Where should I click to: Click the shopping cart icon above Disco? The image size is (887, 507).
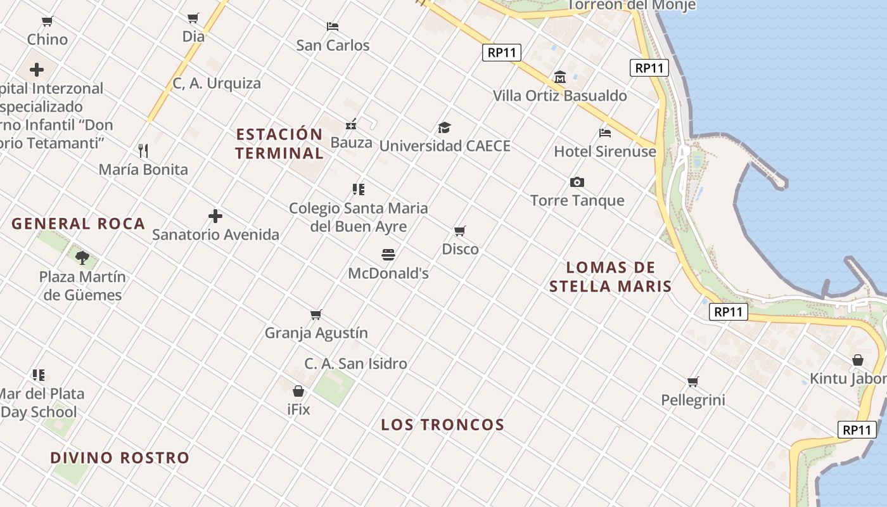click(x=460, y=231)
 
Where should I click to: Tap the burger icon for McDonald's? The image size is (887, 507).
click(x=388, y=255)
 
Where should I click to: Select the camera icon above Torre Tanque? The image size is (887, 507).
click(x=577, y=183)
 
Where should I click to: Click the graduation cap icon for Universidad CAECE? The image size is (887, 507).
click(x=444, y=127)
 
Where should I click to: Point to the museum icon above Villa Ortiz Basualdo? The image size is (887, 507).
click(x=559, y=77)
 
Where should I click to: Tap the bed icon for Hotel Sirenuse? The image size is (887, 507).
click(x=605, y=133)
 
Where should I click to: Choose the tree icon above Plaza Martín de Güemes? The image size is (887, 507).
click(x=82, y=257)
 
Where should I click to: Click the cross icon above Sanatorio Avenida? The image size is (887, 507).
click(x=215, y=216)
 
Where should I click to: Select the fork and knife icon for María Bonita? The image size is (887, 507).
click(x=143, y=151)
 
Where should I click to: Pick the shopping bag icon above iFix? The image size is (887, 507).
click(x=298, y=391)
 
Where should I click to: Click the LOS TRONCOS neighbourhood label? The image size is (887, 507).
click(x=442, y=425)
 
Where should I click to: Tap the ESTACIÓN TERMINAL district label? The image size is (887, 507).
click(x=279, y=144)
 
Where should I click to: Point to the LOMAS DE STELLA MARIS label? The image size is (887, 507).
click(x=610, y=277)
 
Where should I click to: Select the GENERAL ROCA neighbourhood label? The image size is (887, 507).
click(x=79, y=224)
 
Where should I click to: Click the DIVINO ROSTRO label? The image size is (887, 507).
click(x=120, y=458)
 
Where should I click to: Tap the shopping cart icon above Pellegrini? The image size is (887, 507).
click(x=692, y=382)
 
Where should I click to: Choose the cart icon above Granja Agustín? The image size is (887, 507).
click(x=316, y=314)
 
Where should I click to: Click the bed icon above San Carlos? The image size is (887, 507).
click(x=333, y=27)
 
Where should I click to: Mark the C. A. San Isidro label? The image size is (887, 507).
click(x=355, y=364)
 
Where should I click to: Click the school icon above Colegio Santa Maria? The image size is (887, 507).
click(x=359, y=189)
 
